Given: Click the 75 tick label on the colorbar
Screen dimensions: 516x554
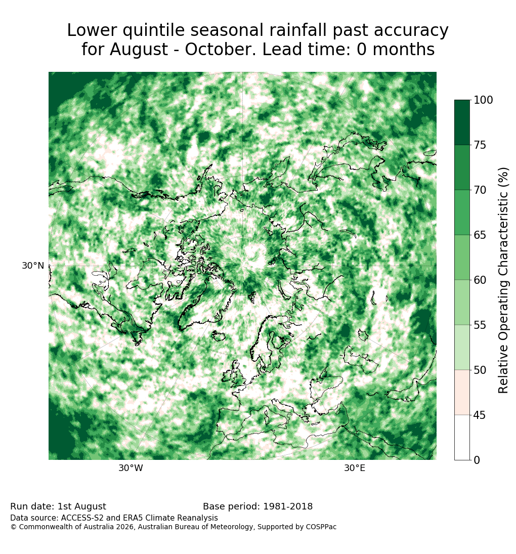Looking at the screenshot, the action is [480, 145].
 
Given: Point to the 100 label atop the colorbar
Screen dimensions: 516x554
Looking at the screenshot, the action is [483, 100].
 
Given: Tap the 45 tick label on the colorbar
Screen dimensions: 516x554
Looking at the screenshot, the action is [480, 415].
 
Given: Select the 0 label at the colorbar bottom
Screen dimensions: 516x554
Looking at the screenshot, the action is [477, 460].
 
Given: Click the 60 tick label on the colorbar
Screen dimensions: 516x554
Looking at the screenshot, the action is [480, 280].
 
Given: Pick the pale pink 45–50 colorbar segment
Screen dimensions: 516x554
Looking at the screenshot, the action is [462, 392].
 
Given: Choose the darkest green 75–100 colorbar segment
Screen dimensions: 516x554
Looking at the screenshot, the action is [462, 122].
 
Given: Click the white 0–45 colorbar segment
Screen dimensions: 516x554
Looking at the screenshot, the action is [462, 438].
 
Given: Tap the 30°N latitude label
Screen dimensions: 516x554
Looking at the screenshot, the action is [33, 266].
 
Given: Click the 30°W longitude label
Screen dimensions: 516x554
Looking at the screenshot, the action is [131, 468].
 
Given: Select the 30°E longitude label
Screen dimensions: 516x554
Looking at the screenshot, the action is [355, 468].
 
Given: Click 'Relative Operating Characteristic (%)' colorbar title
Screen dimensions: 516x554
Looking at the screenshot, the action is [503, 280].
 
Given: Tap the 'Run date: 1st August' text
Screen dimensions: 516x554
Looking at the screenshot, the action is [58, 506].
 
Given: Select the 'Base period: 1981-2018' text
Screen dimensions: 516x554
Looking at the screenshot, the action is [258, 506].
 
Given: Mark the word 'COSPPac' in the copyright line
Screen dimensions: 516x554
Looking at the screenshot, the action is [321, 527].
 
